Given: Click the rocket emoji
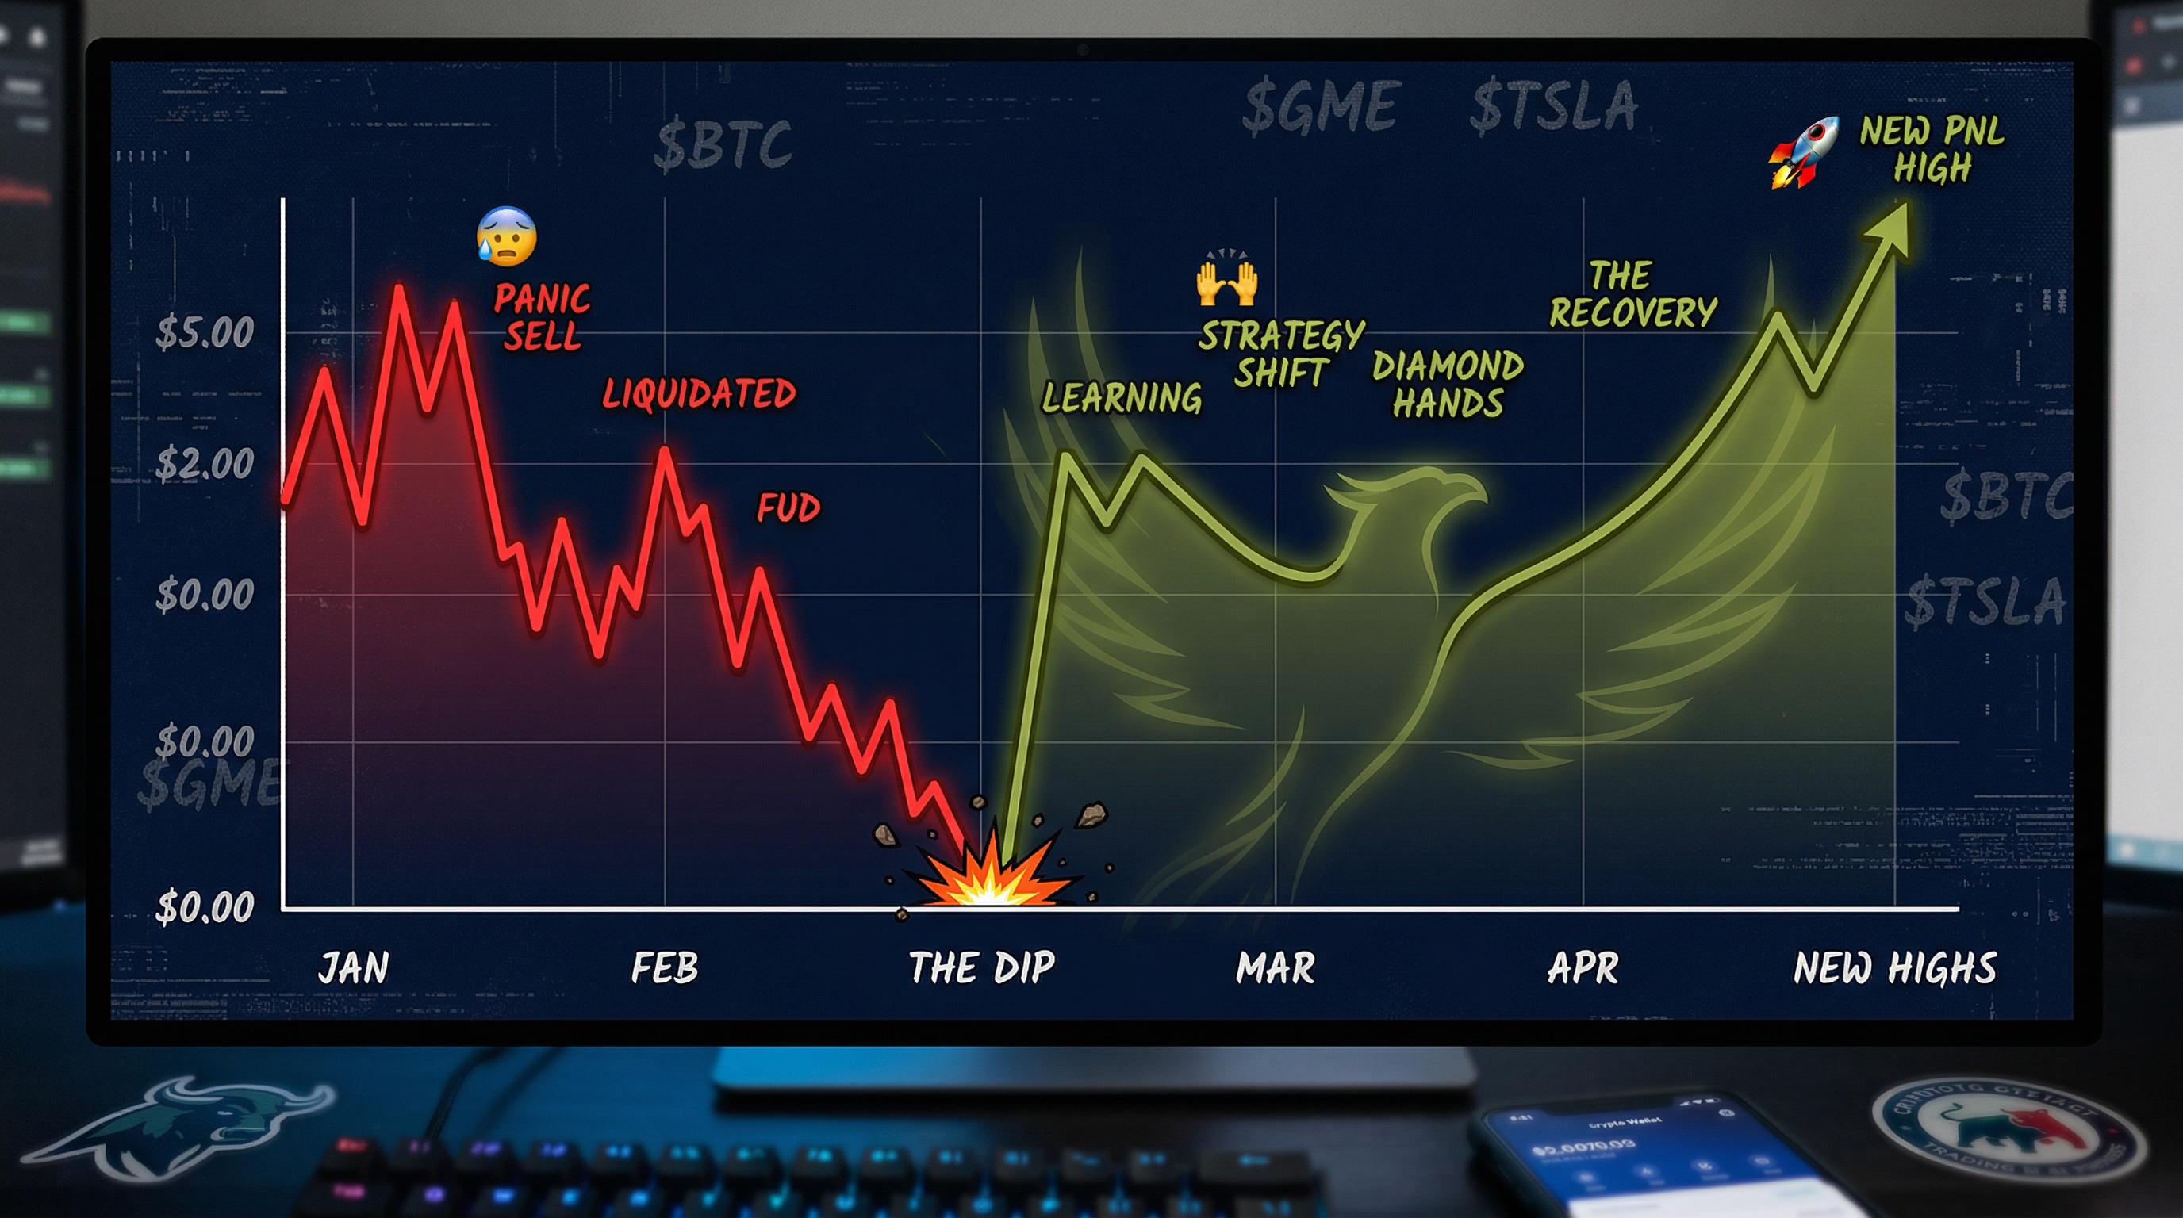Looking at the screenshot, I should pos(1803,152).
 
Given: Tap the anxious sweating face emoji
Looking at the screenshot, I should pos(507,236).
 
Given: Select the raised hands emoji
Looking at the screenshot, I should pos(1226,279).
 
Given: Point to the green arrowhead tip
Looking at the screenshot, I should pos(1905,207).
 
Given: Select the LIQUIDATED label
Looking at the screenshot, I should pos(699,394).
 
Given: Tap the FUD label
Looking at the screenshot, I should pos(788,508).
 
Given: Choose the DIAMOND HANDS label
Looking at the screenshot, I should pos(1448,385).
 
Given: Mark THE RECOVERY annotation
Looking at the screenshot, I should pos(1632,295).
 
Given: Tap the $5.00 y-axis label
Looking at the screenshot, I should pos(204,332).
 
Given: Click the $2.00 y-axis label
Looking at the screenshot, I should pos(204,464).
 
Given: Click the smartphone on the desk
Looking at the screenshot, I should pos(1636,1160).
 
